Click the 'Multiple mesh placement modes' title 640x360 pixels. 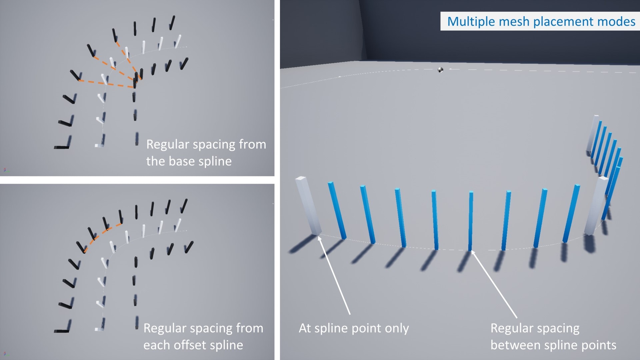541,21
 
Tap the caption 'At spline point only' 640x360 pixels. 354,328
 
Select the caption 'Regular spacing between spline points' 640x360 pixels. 553,337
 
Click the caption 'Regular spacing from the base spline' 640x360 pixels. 206,153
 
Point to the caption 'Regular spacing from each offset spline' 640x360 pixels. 203,337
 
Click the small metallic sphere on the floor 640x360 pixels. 440,70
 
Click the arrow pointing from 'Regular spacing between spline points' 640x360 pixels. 494,284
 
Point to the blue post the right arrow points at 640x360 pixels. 471,221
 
